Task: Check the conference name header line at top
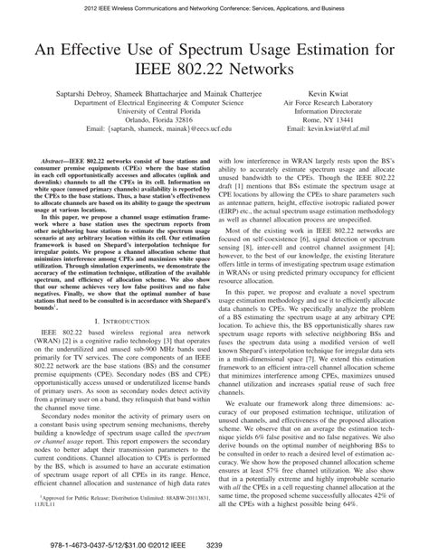pos(214,8)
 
